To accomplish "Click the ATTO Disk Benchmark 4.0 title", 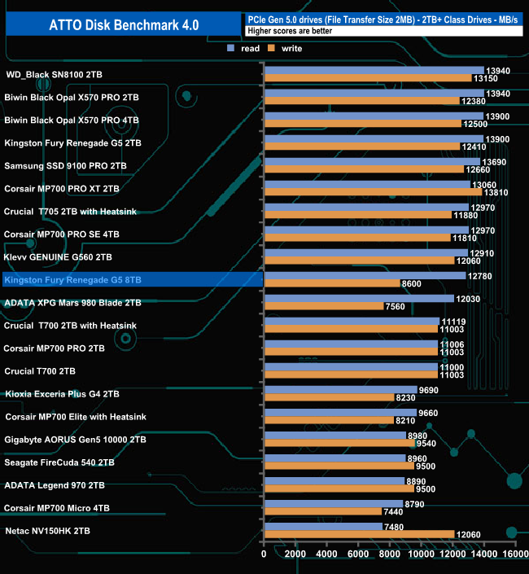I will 120,24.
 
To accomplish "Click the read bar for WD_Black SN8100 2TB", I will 374,71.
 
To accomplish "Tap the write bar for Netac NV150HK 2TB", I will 359,534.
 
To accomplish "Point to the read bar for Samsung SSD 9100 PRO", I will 371,162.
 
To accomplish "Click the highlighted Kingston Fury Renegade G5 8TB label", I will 73,279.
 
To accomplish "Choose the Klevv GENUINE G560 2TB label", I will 59,256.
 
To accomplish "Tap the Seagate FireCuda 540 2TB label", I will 59,462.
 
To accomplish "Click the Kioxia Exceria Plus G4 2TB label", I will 62,393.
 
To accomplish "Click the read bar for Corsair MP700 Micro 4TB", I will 333,503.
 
